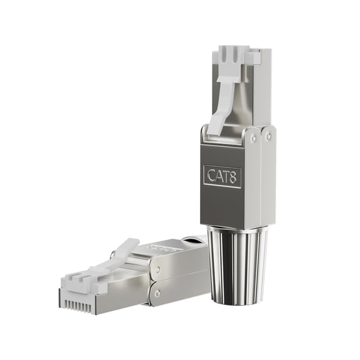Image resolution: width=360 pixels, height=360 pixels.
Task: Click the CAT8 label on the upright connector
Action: point(222,174)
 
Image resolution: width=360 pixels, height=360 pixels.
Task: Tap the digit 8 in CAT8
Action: point(233,175)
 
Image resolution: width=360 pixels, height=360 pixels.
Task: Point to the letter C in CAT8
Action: point(211,175)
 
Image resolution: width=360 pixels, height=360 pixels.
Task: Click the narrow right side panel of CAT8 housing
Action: point(267,178)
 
